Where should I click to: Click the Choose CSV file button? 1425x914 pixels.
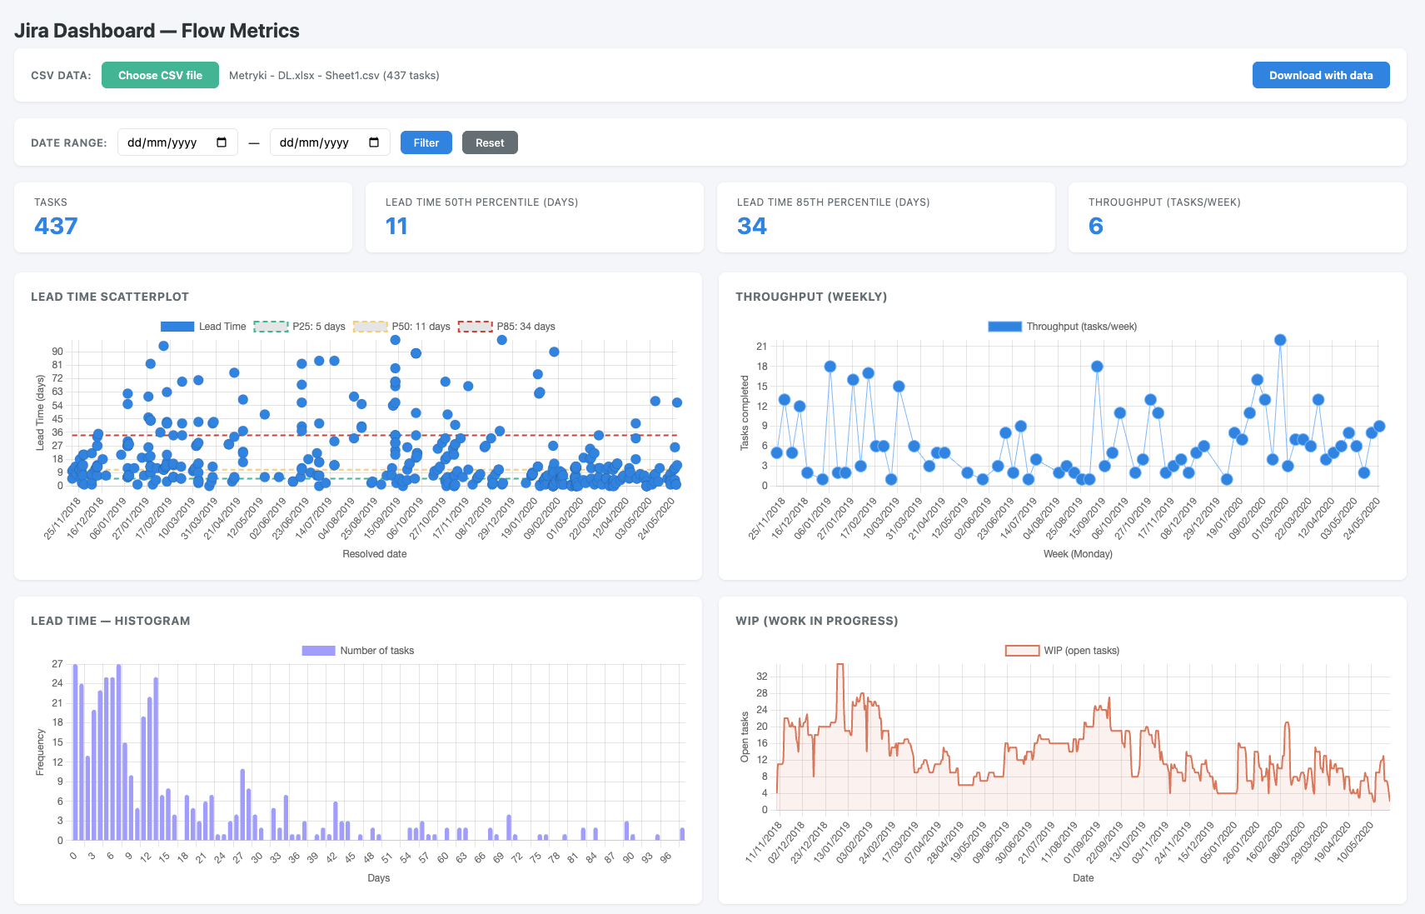(x=160, y=75)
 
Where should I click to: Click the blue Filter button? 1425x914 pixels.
(x=426, y=142)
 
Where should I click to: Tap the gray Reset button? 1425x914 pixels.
(x=490, y=142)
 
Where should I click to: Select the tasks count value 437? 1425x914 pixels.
(x=56, y=226)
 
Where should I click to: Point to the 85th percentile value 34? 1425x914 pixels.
(x=751, y=226)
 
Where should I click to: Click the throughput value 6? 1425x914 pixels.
(x=1095, y=226)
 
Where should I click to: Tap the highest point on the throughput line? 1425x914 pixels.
(x=1280, y=340)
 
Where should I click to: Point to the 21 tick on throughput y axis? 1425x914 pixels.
(x=761, y=347)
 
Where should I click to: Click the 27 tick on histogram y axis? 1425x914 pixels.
(x=57, y=664)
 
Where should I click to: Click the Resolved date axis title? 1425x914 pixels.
(x=374, y=554)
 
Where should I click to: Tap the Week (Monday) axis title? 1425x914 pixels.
(x=1078, y=554)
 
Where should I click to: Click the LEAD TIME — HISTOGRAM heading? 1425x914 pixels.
(x=110, y=621)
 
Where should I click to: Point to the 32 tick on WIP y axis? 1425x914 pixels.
(x=761, y=677)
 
